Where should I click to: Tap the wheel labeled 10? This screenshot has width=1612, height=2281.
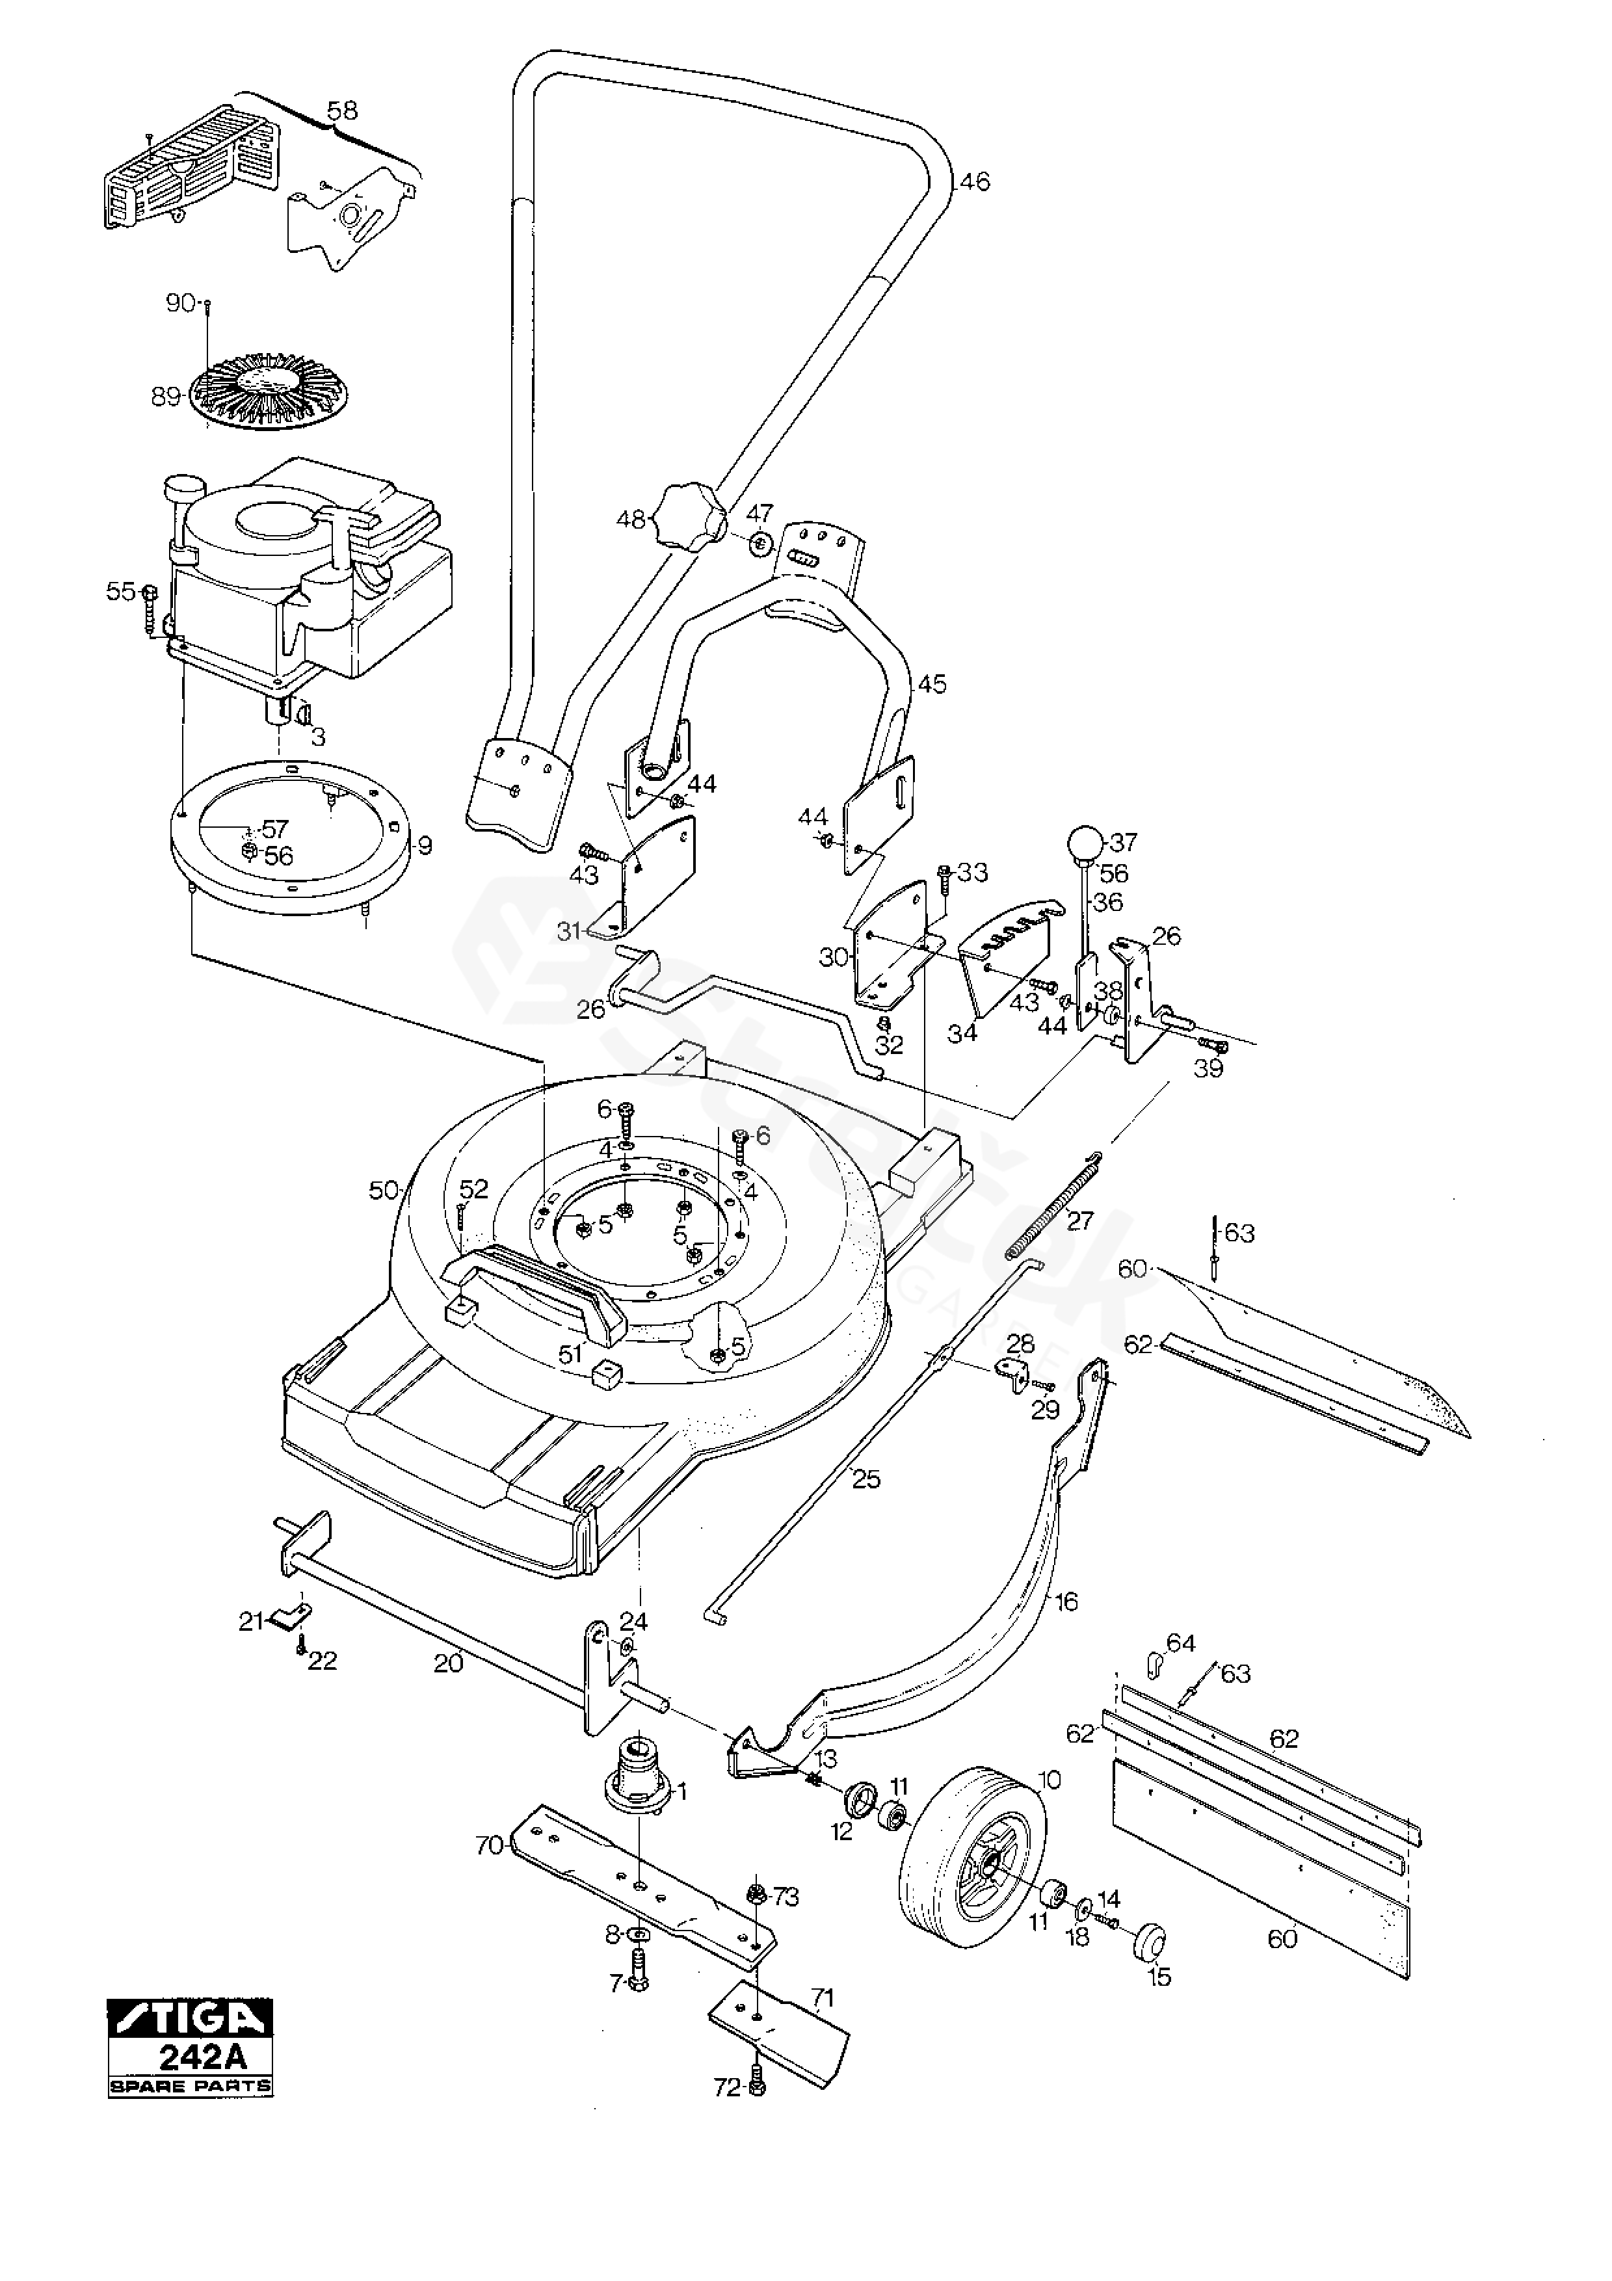click(973, 1857)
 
